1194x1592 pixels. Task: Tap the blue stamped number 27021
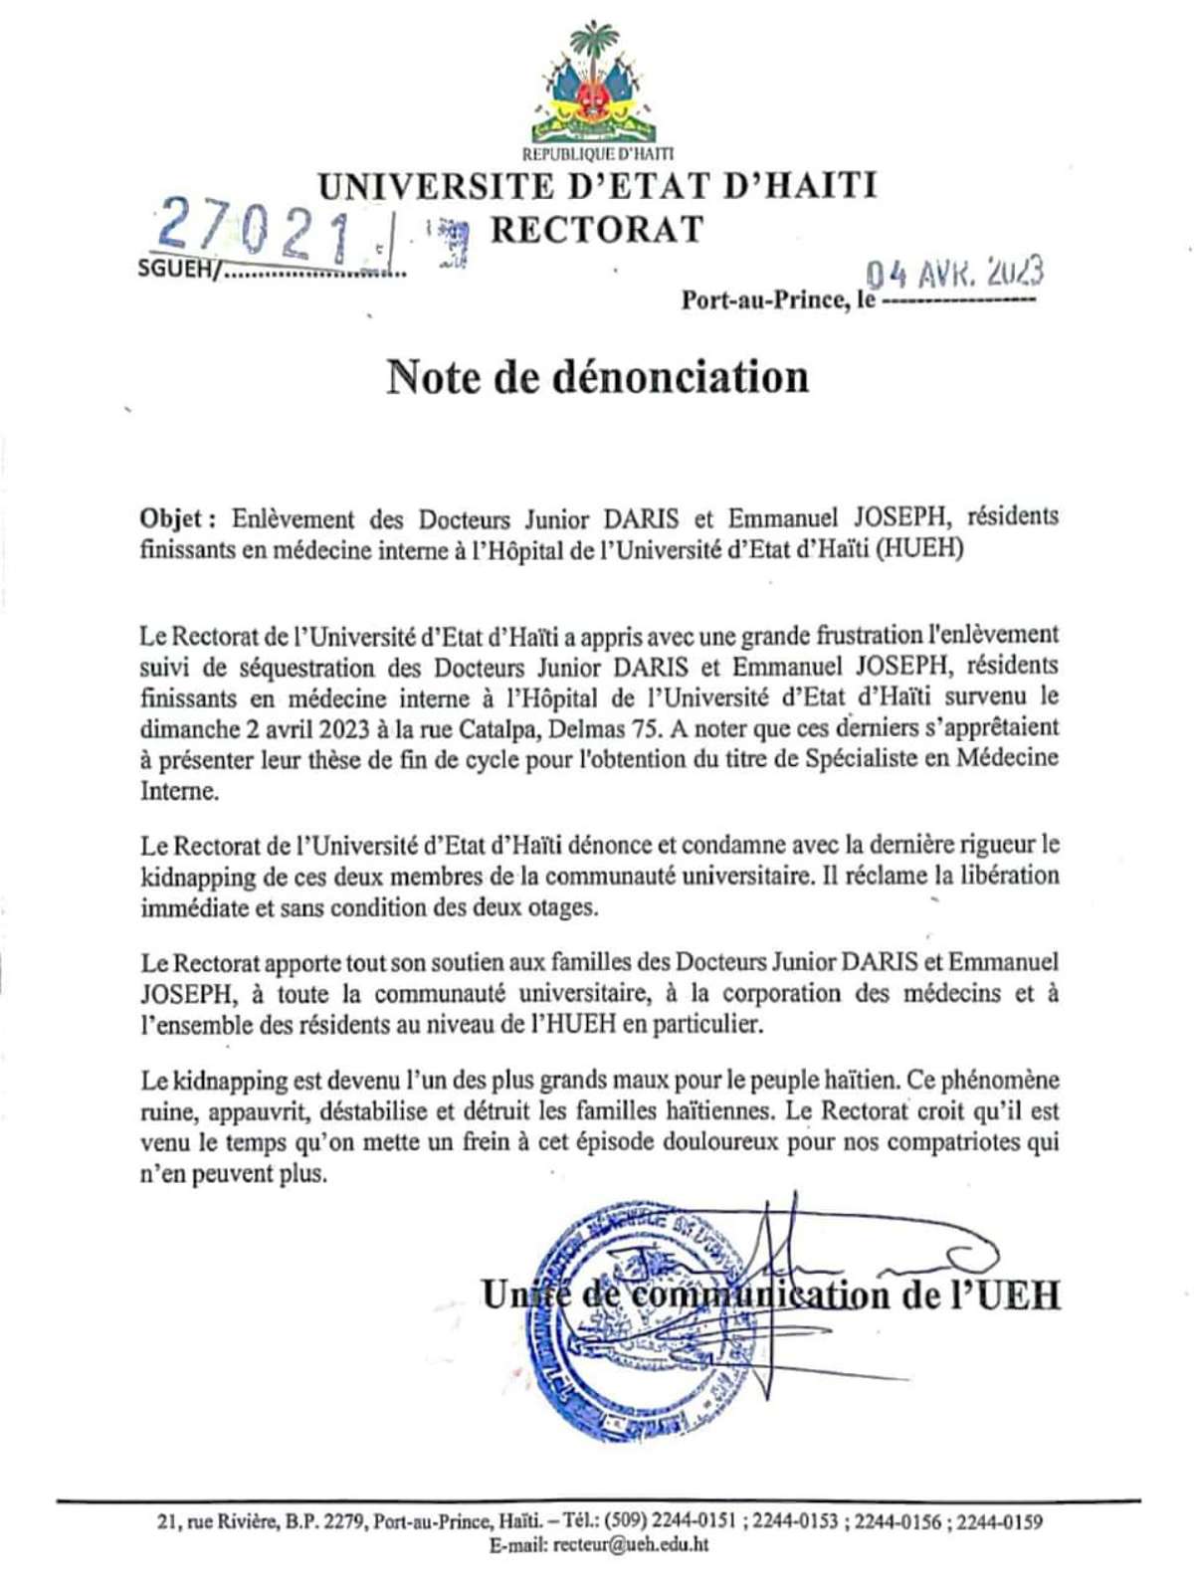pyautogui.click(x=256, y=228)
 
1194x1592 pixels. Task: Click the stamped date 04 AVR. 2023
pyautogui.click(x=953, y=272)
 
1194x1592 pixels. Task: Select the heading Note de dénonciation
pyautogui.click(x=597, y=377)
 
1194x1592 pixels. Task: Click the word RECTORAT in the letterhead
pyautogui.click(x=597, y=230)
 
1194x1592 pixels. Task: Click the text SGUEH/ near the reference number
pyautogui.click(x=175, y=270)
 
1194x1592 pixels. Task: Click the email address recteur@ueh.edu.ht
pyautogui.click(x=631, y=1546)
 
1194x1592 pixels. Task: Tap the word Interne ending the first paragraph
pyautogui.click(x=178, y=791)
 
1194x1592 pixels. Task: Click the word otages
pyautogui.click(x=562, y=907)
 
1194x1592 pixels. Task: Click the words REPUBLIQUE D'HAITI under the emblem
pyautogui.click(x=597, y=154)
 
